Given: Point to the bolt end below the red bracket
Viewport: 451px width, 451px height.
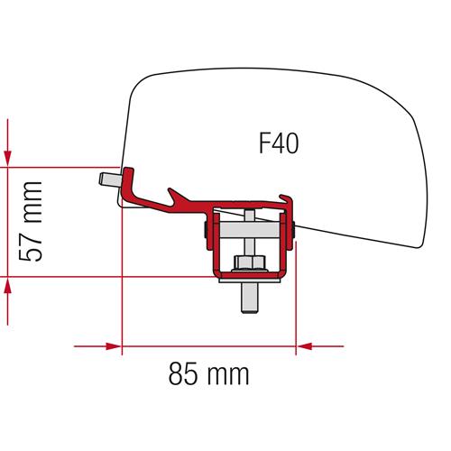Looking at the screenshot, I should (247, 303).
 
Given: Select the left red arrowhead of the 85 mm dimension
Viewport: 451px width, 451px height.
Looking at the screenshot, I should (113, 345).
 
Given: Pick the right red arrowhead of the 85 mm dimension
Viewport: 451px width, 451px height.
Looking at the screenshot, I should (306, 345).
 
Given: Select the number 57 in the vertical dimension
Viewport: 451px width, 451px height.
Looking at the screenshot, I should (33, 245).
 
